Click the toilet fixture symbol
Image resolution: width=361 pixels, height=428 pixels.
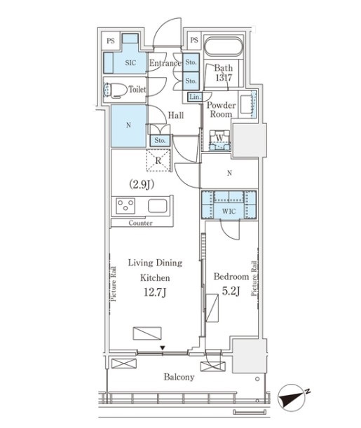click(x=115, y=90)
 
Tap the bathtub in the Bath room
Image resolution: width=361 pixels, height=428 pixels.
click(x=224, y=46)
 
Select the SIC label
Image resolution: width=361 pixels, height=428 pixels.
click(x=130, y=63)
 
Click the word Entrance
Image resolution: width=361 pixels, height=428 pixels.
click(x=165, y=63)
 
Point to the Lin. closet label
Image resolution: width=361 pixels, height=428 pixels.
click(x=195, y=97)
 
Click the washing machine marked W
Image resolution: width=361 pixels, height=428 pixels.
click(x=220, y=140)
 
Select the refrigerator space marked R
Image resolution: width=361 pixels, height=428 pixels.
click(x=158, y=160)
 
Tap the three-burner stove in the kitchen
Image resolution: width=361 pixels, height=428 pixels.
click(x=125, y=206)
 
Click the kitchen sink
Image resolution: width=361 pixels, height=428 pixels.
click(x=158, y=205)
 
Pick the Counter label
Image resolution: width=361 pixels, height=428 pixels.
click(x=140, y=223)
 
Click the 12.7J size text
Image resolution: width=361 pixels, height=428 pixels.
click(x=155, y=292)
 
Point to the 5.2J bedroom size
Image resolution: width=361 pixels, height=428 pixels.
click(x=231, y=291)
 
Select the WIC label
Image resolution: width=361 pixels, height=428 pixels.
click(x=229, y=211)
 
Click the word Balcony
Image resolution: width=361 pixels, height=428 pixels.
click(x=179, y=377)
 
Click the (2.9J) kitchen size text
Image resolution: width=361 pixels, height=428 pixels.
click(x=142, y=185)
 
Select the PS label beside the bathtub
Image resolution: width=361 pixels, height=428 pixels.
click(x=194, y=40)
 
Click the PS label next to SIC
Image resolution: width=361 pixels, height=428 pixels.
click(x=111, y=41)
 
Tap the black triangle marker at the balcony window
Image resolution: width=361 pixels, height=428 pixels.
click(x=163, y=347)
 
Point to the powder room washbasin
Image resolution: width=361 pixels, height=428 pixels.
click(x=247, y=104)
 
